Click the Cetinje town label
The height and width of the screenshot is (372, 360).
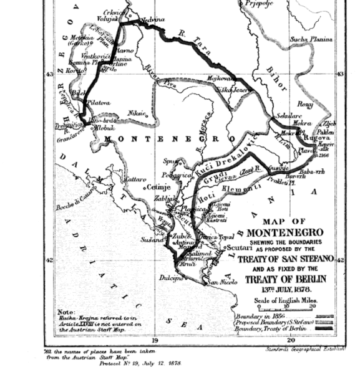[x=158, y=186]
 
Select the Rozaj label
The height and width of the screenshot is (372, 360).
[x=306, y=104]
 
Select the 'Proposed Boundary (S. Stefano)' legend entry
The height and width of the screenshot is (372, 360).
[x=275, y=324]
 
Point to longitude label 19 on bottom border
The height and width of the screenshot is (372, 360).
[x=155, y=340]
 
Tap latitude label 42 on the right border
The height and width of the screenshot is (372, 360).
[x=341, y=260]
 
